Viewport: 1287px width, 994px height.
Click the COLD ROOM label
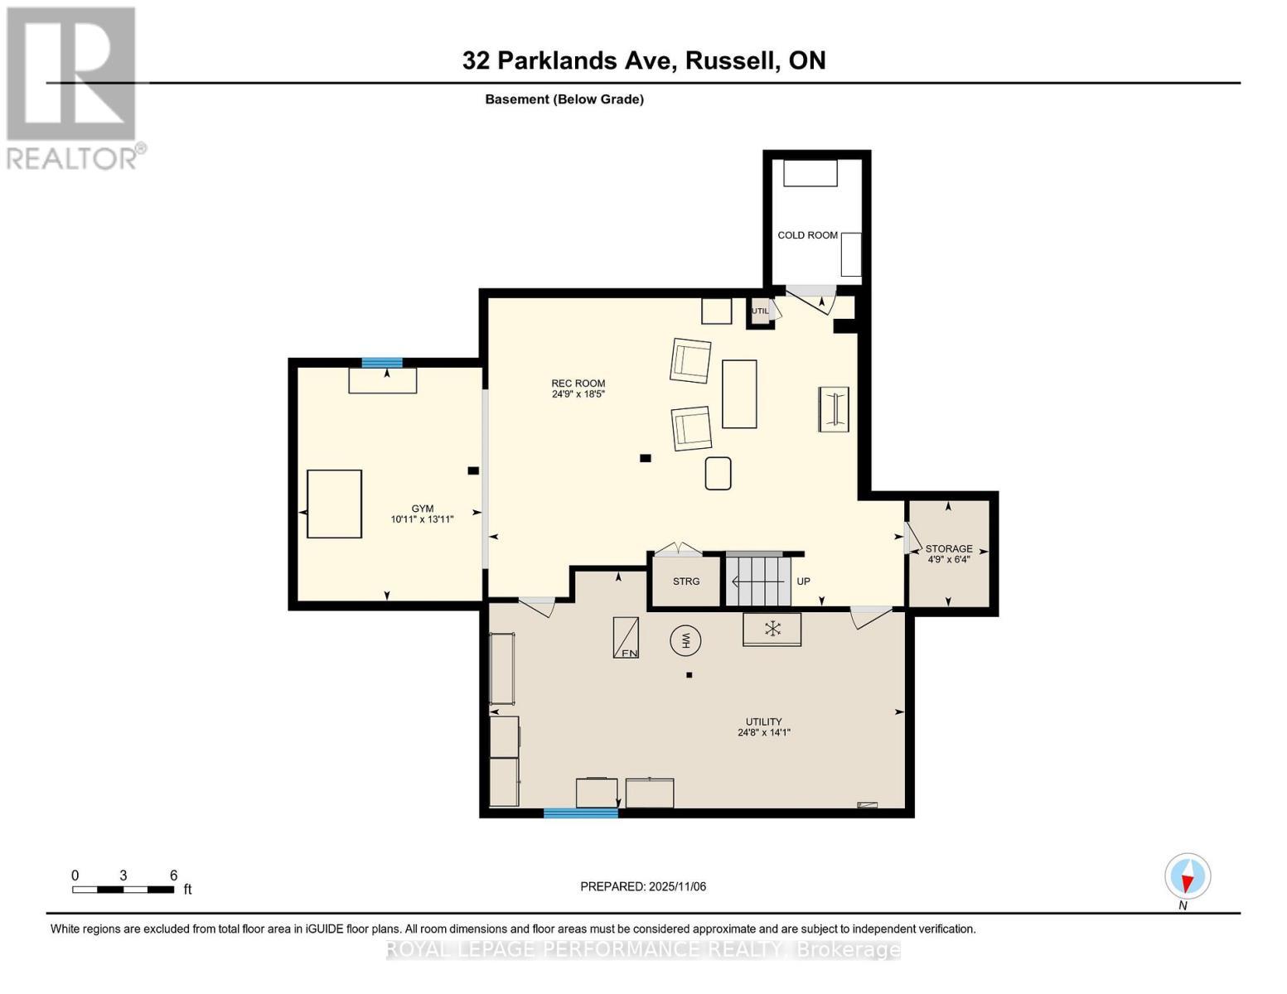(807, 235)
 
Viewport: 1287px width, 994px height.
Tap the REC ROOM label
(578, 388)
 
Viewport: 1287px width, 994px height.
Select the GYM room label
(422, 514)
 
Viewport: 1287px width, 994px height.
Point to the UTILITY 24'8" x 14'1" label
(763, 727)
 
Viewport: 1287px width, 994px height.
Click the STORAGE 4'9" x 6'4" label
(949, 554)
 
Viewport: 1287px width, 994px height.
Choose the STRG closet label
(686, 581)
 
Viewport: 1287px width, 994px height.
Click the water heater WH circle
(685, 640)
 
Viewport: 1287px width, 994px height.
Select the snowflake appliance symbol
(772, 630)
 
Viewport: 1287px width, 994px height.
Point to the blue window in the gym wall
(382, 363)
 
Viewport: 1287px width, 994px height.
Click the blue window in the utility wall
(581, 813)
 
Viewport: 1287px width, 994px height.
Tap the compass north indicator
(1188, 877)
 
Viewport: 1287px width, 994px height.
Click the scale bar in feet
(123, 890)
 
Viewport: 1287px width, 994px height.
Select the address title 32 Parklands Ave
(644, 60)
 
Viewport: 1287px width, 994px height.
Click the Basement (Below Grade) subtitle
(564, 99)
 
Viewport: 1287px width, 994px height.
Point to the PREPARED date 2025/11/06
(643, 886)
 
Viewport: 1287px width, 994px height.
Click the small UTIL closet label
(760, 311)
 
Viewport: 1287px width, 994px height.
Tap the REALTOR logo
(73, 87)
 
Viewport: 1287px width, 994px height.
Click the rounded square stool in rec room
(718, 473)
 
